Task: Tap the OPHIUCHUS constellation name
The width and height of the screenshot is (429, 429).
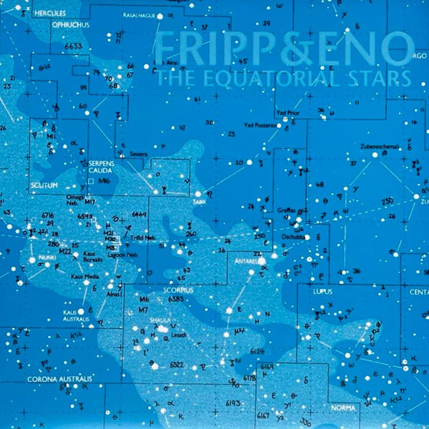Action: [69, 24]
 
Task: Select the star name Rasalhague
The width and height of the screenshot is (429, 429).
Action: [139, 14]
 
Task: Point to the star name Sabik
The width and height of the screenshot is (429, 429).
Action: [199, 202]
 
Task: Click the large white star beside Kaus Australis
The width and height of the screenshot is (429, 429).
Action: [81, 311]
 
